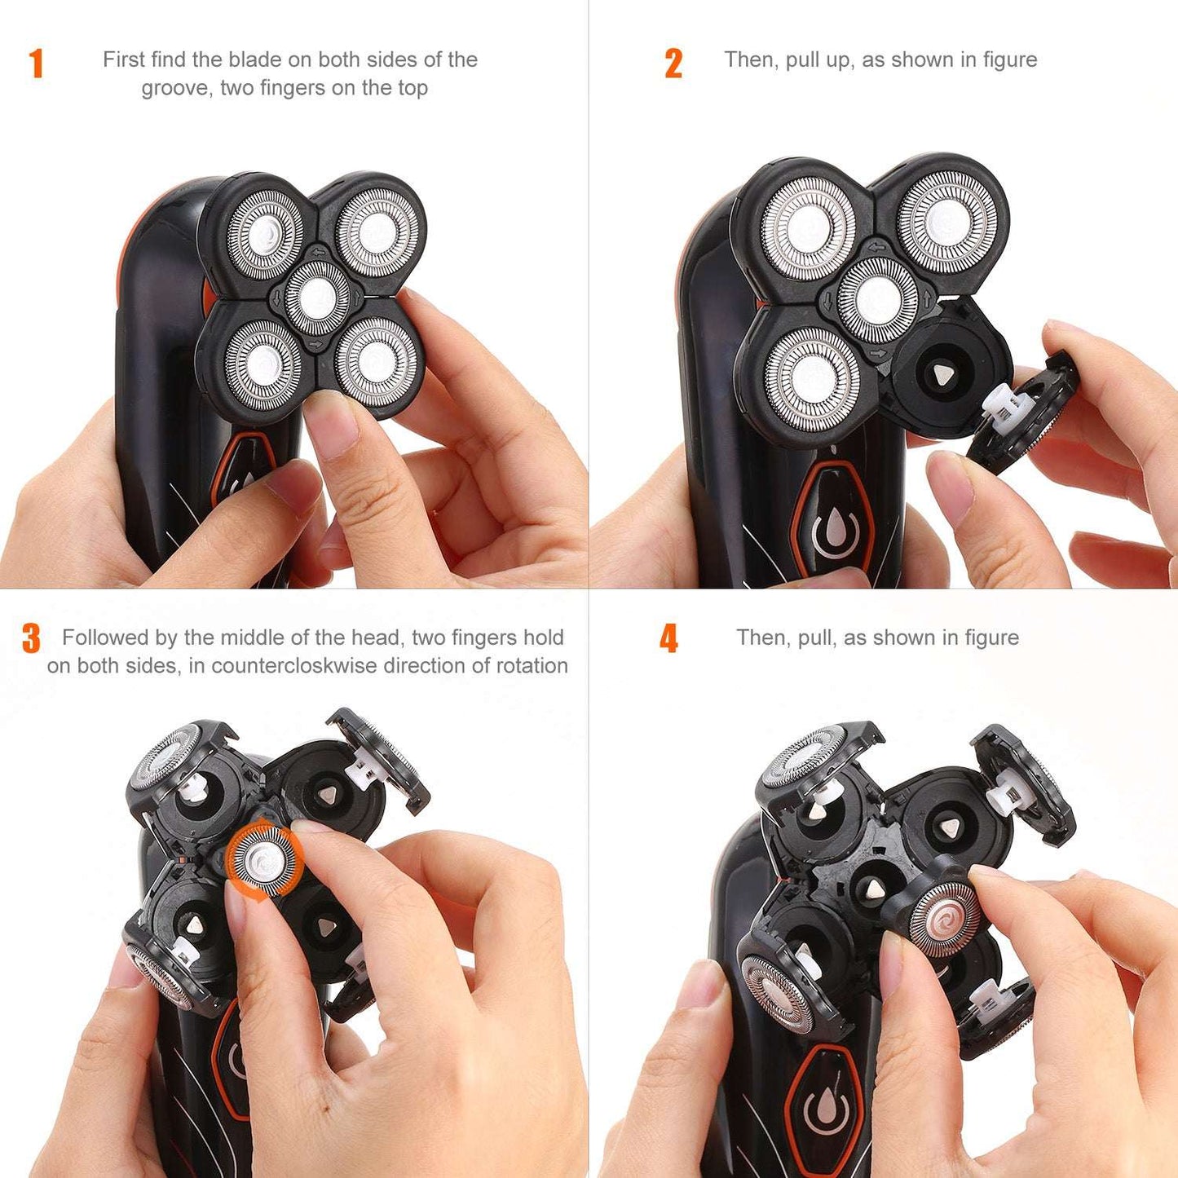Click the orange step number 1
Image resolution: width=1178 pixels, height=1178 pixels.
click(36, 64)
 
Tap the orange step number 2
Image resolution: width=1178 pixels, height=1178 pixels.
click(673, 64)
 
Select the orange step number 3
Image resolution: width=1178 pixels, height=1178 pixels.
click(31, 639)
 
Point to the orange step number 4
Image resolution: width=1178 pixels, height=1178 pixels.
click(668, 639)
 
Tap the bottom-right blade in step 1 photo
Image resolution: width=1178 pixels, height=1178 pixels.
click(376, 360)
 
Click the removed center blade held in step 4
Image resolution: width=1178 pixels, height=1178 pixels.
click(944, 920)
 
